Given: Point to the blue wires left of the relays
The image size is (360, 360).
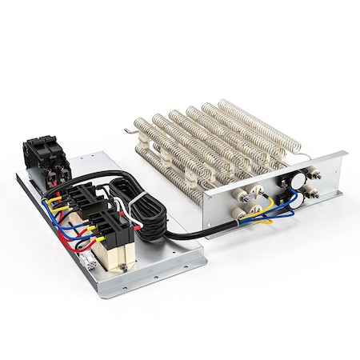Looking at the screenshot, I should (64, 228).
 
